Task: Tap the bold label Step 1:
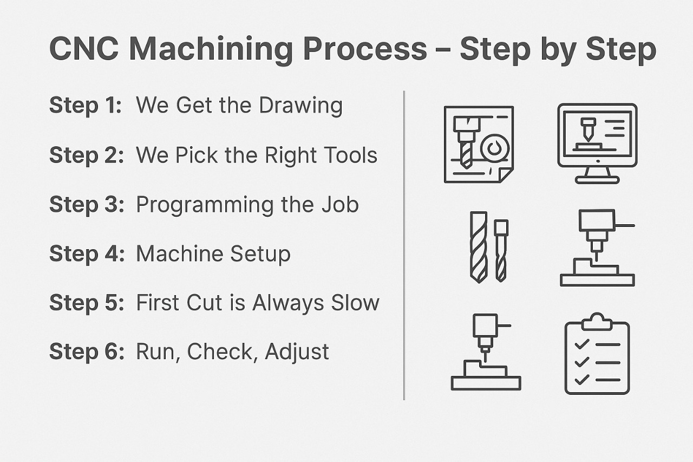[86, 105]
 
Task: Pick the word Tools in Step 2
[349, 155]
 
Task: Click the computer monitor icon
[597, 142]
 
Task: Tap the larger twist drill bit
[479, 246]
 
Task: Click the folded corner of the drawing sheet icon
[505, 174]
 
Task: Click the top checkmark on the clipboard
[581, 344]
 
